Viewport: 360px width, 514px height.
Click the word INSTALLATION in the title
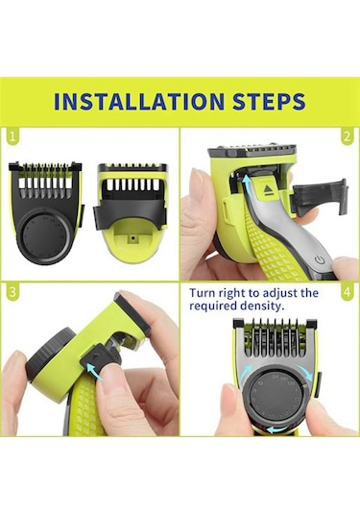[134, 102]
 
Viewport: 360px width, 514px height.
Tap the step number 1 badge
[13, 137]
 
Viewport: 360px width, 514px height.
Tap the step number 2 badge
[346, 137]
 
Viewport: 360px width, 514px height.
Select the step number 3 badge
[13, 290]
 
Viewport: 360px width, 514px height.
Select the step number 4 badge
[346, 290]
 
